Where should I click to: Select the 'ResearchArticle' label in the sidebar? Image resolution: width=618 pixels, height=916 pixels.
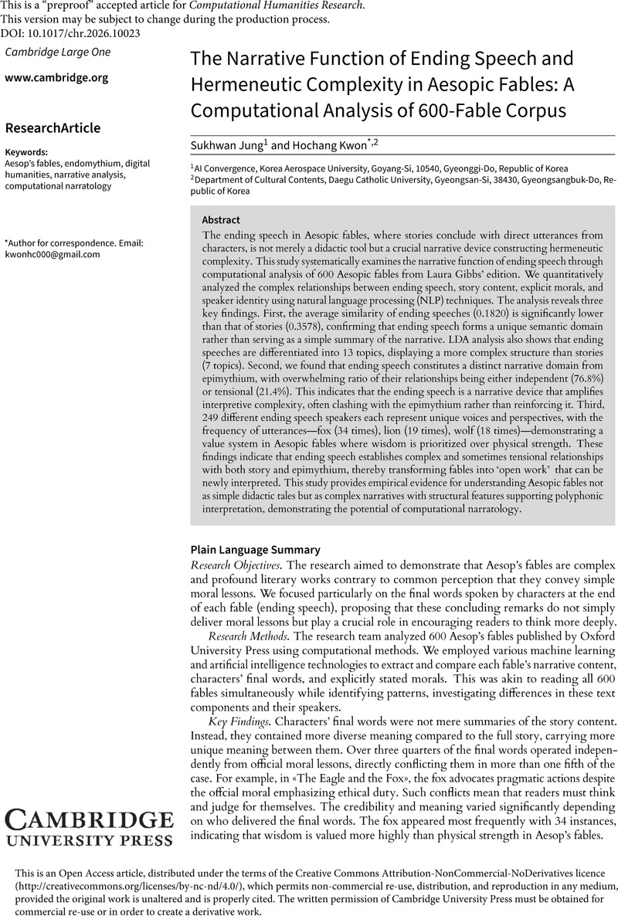pos(53,127)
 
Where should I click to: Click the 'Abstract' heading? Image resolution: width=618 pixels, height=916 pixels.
pos(220,219)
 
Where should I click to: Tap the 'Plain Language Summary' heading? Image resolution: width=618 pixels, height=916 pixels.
pos(255,550)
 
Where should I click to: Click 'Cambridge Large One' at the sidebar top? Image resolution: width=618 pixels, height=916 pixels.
pos(58,52)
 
